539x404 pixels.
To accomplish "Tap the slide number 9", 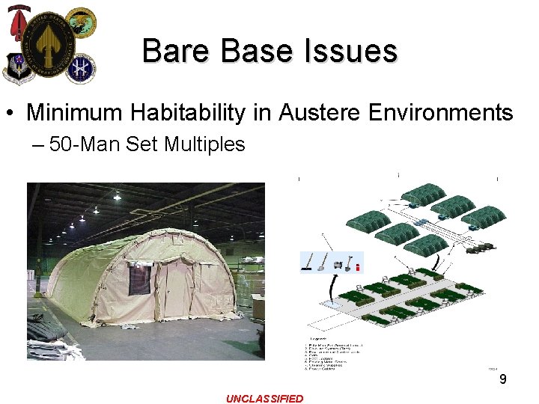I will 503,380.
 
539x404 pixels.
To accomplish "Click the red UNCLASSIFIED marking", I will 264,399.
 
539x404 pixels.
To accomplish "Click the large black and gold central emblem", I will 49,40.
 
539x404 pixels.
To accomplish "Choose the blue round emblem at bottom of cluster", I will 80,69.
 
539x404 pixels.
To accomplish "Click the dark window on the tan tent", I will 139,279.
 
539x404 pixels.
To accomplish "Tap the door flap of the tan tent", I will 178,288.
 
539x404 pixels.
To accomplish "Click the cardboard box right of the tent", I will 258,307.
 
